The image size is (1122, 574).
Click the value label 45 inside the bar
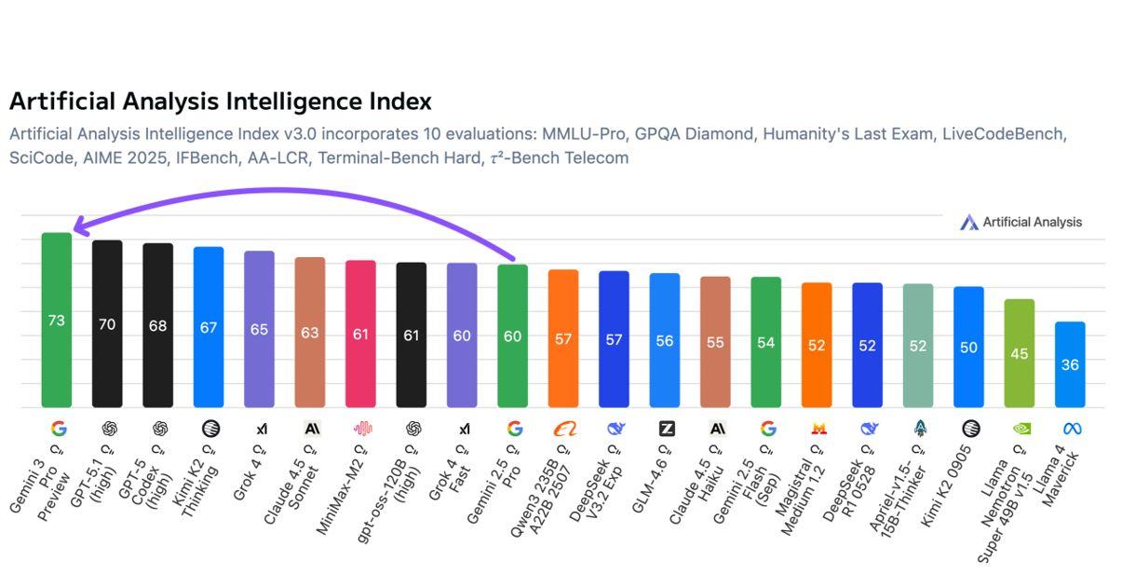point(1020,354)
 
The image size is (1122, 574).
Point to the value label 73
point(57,321)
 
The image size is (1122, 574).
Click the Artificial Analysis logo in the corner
point(1021,222)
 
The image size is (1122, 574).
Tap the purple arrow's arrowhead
point(78,226)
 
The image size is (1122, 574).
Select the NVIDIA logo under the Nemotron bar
point(1021,429)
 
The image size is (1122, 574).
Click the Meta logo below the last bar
point(1071,429)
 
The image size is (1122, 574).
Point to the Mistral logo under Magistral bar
point(818,429)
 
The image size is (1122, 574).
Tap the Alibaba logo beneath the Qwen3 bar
point(564,429)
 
